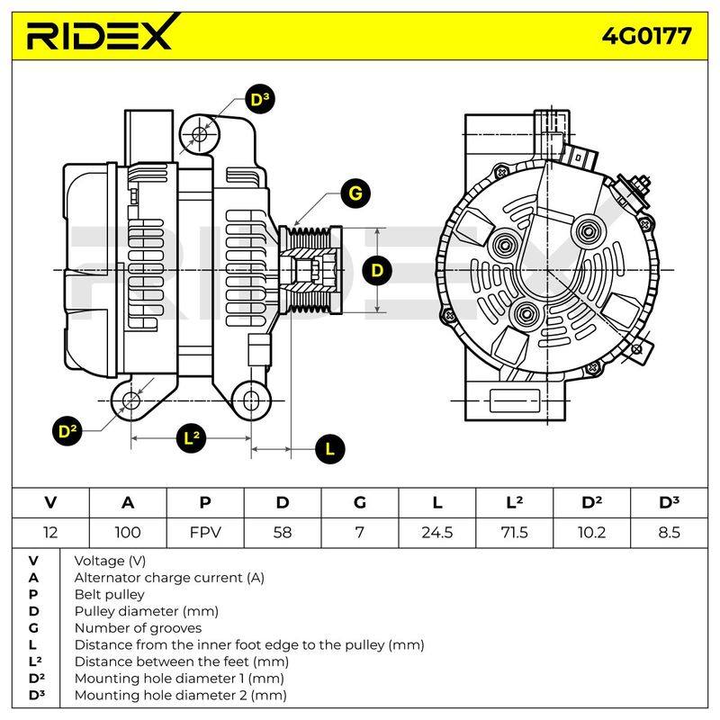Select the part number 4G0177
646,36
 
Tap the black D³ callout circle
260,99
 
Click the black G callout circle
355,193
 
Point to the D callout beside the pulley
377,270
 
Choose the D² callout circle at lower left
67,431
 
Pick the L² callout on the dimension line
192,438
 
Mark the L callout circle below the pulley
330,448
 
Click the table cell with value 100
128,533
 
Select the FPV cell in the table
205,533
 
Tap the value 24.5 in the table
437,533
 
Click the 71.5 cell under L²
514,533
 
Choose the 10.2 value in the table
591,533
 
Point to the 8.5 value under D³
669,533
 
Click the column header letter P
205,503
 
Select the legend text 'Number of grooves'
138,627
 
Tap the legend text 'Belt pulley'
109,594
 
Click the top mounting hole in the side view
199,134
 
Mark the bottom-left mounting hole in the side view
131,400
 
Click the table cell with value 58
283,533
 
